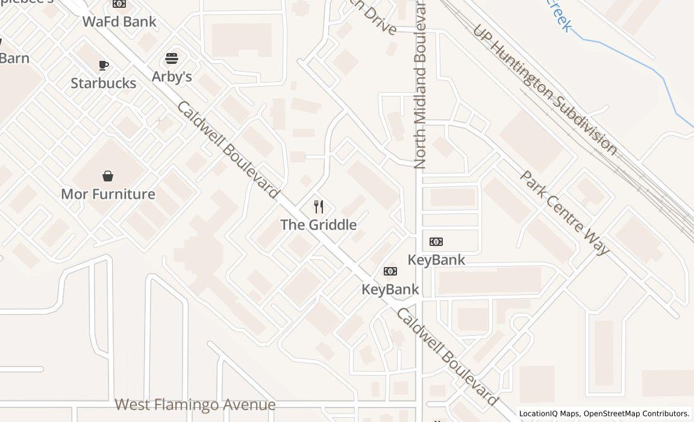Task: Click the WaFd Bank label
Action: pyautogui.click(x=119, y=22)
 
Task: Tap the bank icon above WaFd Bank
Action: pyautogui.click(x=119, y=4)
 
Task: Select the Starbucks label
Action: pyautogui.click(x=104, y=83)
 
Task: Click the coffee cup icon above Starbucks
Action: pyautogui.click(x=104, y=65)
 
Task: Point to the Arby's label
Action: pyautogui.click(x=172, y=77)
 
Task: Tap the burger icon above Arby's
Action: pyautogui.click(x=172, y=59)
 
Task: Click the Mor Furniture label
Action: pyautogui.click(x=108, y=194)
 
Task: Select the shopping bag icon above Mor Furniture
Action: pyautogui.click(x=108, y=176)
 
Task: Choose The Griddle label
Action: pyautogui.click(x=319, y=225)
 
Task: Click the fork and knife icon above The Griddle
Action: pyautogui.click(x=319, y=207)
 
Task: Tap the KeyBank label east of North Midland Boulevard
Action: pyautogui.click(x=437, y=260)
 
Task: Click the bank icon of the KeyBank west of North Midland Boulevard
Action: pyautogui.click(x=390, y=271)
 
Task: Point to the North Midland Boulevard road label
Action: pyautogui.click(x=420, y=84)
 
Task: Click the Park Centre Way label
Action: pyautogui.click(x=564, y=212)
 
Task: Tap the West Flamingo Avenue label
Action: pyautogui.click(x=195, y=405)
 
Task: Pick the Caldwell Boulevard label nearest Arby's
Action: pyautogui.click(x=228, y=150)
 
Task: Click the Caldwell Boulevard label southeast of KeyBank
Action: pyautogui.click(x=448, y=357)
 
